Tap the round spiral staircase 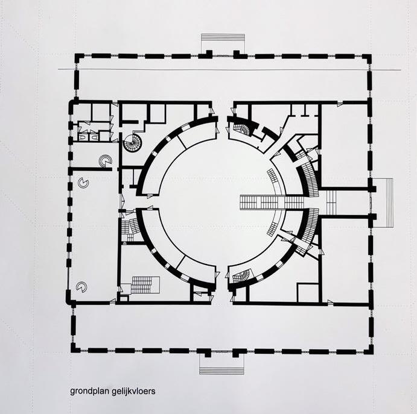(x=132, y=143)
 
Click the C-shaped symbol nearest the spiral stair (x=105, y=160)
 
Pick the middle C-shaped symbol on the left (x=83, y=182)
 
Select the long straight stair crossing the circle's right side (x=266, y=202)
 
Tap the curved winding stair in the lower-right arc (x=240, y=277)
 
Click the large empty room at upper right (x=344, y=145)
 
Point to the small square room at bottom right (x=308, y=292)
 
